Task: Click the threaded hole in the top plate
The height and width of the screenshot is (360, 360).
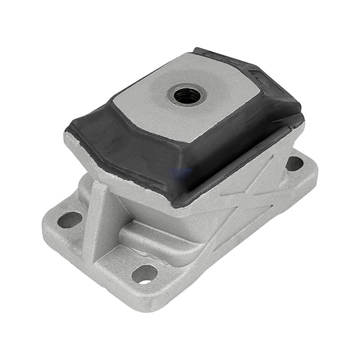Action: [x=187, y=94]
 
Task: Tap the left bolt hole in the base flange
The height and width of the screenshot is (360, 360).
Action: [x=70, y=220]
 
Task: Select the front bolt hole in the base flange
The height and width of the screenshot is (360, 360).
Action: [x=145, y=274]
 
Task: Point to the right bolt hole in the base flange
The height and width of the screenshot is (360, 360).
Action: [x=295, y=163]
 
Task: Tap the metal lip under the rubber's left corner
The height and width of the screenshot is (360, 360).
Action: [x=75, y=144]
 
